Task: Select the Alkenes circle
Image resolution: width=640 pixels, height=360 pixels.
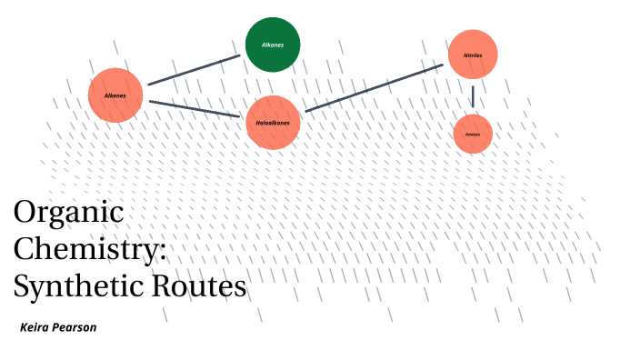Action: (116, 95)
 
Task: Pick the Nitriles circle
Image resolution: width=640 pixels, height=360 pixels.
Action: (473, 55)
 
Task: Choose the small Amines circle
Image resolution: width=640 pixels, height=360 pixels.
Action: (473, 134)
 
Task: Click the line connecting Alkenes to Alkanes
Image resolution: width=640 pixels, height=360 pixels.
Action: (194, 70)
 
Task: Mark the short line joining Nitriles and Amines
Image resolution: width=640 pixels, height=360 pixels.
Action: (473, 95)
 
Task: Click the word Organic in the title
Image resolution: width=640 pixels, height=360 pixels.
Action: (68, 214)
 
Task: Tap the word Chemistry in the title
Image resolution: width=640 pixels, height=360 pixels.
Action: (86, 250)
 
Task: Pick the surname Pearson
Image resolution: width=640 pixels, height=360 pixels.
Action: (76, 326)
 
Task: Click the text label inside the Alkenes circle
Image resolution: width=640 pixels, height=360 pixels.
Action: (115, 95)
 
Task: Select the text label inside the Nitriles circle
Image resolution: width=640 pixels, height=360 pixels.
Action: (473, 55)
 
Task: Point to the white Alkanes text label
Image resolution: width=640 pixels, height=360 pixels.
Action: (273, 43)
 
